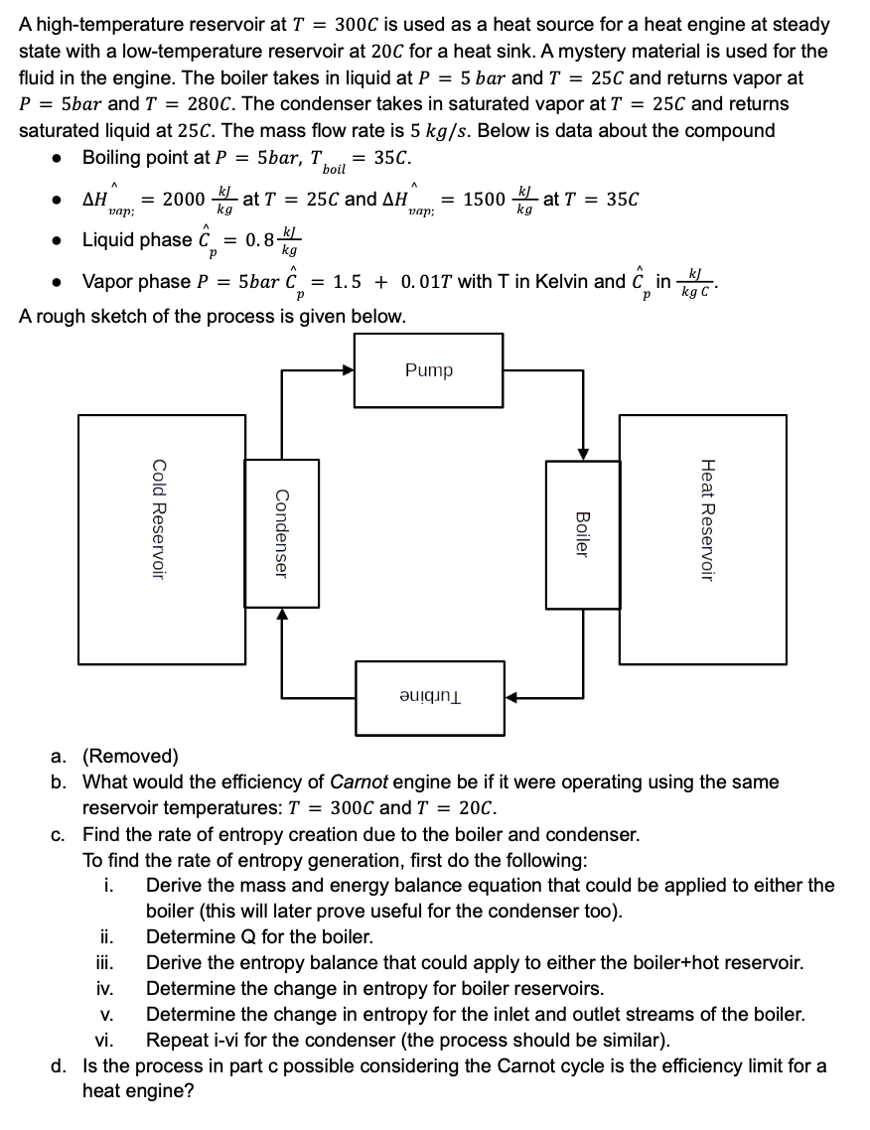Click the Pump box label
[429, 370]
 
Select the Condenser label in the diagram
[281, 533]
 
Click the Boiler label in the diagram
[583, 533]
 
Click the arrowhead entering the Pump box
[348, 370]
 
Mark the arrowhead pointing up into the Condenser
[282, 615]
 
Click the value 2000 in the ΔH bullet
[184, 199]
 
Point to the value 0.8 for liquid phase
[259, 239]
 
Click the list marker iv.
[104, 989]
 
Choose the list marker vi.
[104, 1041]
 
